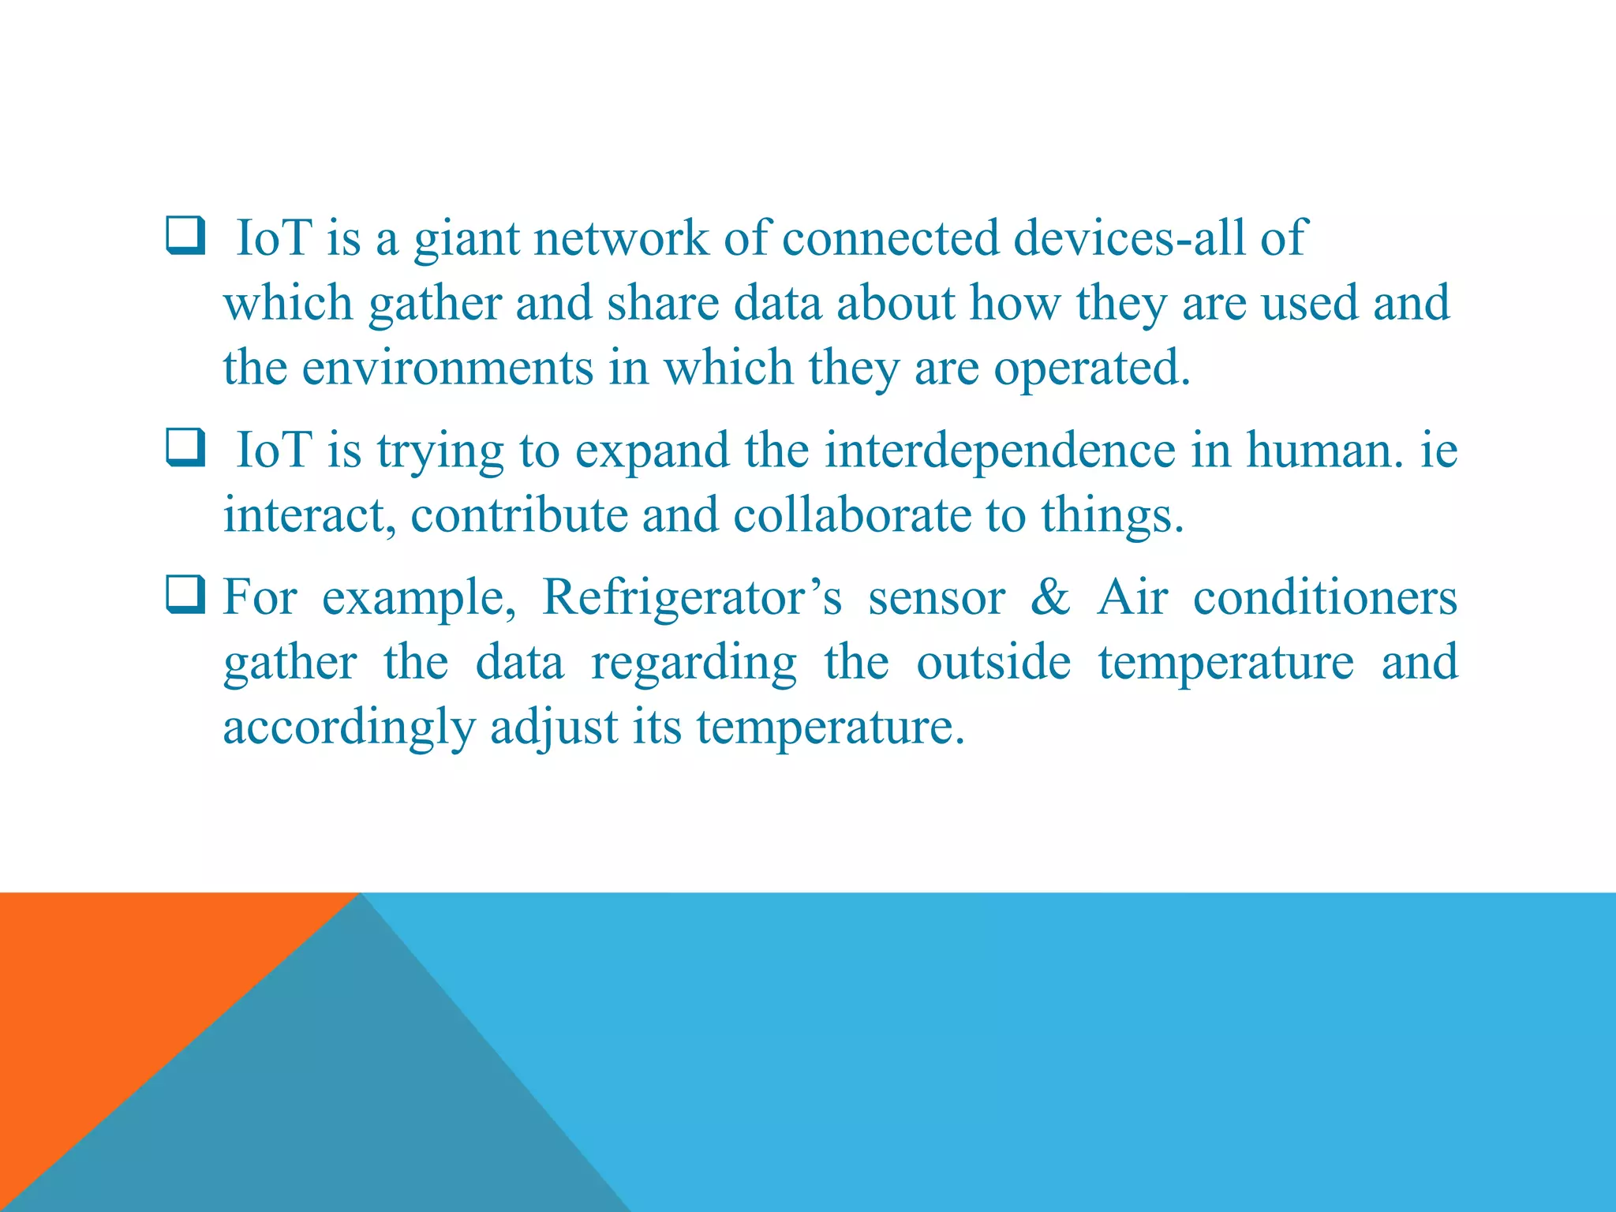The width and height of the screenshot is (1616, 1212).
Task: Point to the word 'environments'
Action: coord(447,368)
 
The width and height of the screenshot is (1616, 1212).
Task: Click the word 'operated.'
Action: coord(1091,369)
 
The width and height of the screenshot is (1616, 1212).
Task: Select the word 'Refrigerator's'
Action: coord(692,597)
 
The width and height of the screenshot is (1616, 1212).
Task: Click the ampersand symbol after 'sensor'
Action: coord(1050,597)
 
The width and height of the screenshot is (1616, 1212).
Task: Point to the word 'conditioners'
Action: coord(1325,597)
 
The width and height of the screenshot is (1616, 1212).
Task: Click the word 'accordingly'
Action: coord(349,728)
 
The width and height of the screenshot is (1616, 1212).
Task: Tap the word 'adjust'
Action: coord(554,728)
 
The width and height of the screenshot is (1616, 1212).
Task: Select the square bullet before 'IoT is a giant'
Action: coord(186,236)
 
